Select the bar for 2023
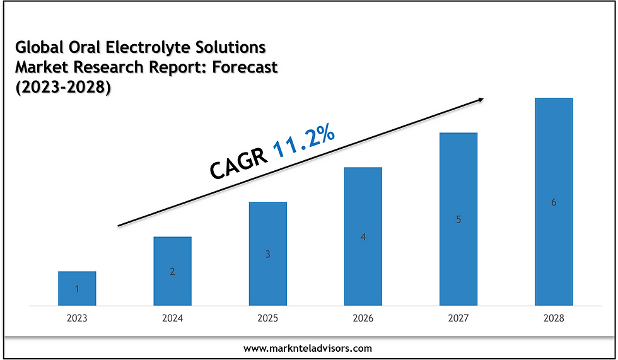click(77, 288)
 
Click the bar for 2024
click(172, 271)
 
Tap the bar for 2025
click(267, 253)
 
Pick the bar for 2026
click(363, 236)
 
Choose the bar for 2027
click(458, 219)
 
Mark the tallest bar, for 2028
click(554, 202)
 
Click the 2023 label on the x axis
click(77, 318)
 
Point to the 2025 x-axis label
click(267, 318)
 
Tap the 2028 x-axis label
click(554, 318)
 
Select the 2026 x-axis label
click(363, 318)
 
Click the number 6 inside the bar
click(554, 202)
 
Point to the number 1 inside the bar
click(77, 289)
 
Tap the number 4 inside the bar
click(363, 237)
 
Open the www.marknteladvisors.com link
click(308, 347)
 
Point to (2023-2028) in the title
click(62, 88)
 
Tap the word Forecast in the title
click(244, 68)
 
